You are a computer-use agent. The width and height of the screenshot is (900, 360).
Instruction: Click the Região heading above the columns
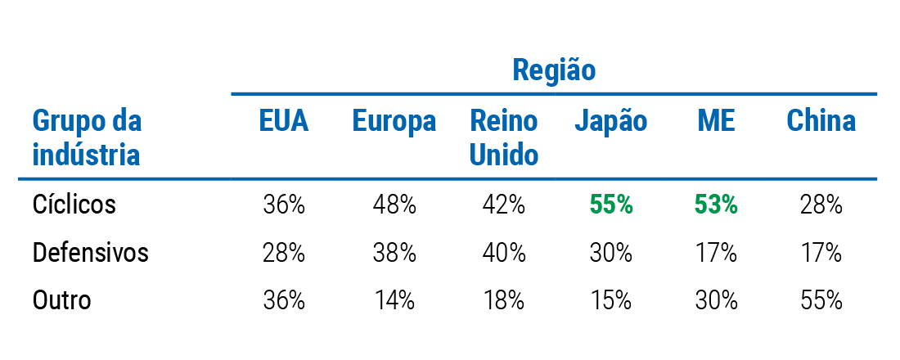click(x=554, y=70)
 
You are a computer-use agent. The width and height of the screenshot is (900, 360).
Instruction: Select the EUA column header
click(x=284, y=121)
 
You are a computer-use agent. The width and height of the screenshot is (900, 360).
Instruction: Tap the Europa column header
click(x=394, y=121)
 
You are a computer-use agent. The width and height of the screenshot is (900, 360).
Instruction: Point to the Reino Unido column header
click(x=504, y=137)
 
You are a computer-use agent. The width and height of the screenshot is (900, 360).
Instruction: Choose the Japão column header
click(x=610, y=121)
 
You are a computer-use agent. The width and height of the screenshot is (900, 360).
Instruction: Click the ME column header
click(x=716, y=121)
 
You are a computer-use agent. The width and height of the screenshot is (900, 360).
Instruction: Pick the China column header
click(x=821, y=121)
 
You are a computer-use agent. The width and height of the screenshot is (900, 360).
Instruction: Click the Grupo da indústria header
click(x=87, y=137)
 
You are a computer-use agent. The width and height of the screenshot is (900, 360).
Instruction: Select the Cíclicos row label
click(x=74, y=204)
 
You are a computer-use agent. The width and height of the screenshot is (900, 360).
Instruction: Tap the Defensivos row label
click(x=91, y=253)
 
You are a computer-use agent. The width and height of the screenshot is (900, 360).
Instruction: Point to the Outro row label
click(x=62, y=300)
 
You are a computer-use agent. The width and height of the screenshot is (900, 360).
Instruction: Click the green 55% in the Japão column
click(x=611, y=205)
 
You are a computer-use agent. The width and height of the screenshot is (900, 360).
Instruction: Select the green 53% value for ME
click(x=716, y=205)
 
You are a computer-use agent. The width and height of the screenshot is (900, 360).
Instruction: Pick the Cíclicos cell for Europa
click(x=394, y=205)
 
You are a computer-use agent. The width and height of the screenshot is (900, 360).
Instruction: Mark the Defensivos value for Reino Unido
click(x=504, y=253)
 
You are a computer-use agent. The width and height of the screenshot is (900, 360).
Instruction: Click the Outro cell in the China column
click(x=821, y=300)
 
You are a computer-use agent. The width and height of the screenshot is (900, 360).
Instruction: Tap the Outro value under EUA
click(x=284, y=300)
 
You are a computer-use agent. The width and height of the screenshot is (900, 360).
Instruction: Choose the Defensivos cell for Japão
click(x=611, y=253)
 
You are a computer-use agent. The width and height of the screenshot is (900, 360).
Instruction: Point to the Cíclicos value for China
click(x=821, y=205)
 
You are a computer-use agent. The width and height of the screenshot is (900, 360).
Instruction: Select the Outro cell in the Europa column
click(x=394, y=300)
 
